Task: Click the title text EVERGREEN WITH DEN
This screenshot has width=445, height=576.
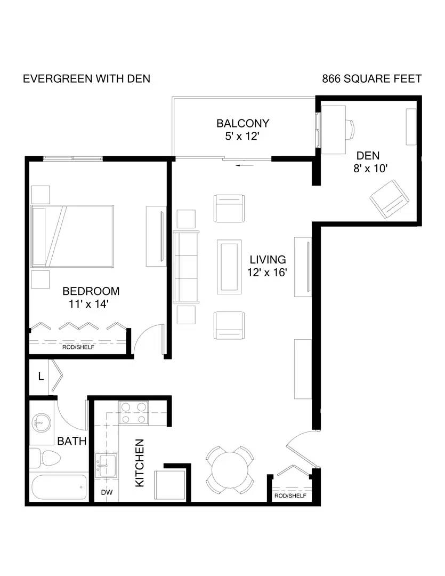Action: click(87, 79)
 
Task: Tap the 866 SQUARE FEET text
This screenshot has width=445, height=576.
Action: click(372, 79)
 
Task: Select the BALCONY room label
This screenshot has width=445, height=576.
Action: click(242, 123)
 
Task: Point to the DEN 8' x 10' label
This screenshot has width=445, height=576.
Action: click(369, 162)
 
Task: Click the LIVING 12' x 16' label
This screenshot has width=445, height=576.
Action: click(268, 266)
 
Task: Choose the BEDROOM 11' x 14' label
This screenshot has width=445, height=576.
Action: click(91, 298)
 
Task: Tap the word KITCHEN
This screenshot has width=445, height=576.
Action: click(140, 463)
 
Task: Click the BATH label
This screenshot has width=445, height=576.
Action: click(71, 441)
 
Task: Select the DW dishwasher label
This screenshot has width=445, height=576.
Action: click(107, 492)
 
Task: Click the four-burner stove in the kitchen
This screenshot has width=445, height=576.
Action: click(133, 413)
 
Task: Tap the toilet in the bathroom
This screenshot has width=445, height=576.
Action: click(45, 458)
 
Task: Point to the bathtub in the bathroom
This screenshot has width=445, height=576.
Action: click(59, 487)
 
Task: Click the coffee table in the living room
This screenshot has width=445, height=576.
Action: click(229, 267)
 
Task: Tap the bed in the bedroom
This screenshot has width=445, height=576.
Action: click(72, 236)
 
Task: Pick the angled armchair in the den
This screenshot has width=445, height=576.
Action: click(389, 199)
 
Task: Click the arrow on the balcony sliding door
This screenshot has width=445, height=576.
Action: click(245, 166)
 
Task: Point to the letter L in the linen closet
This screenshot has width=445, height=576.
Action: click(41, 376)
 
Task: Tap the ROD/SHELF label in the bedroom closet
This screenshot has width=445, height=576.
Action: click(78, 347)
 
